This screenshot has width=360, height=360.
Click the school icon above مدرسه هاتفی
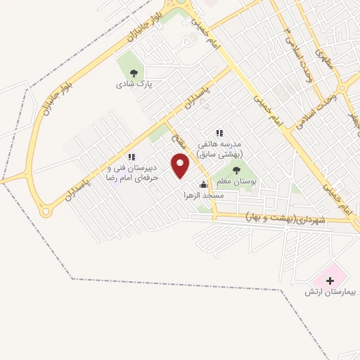(219, 132)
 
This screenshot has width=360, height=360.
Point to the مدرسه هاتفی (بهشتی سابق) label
(217, 148)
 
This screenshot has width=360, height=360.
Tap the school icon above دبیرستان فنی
(131, 157)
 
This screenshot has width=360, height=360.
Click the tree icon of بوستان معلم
(236, 169)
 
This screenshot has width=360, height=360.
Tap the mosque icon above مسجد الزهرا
(204, 184)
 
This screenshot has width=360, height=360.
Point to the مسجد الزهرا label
(203, 195)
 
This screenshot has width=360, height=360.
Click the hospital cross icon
(330, 280)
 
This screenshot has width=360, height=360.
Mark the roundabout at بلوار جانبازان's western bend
(48, 210)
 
